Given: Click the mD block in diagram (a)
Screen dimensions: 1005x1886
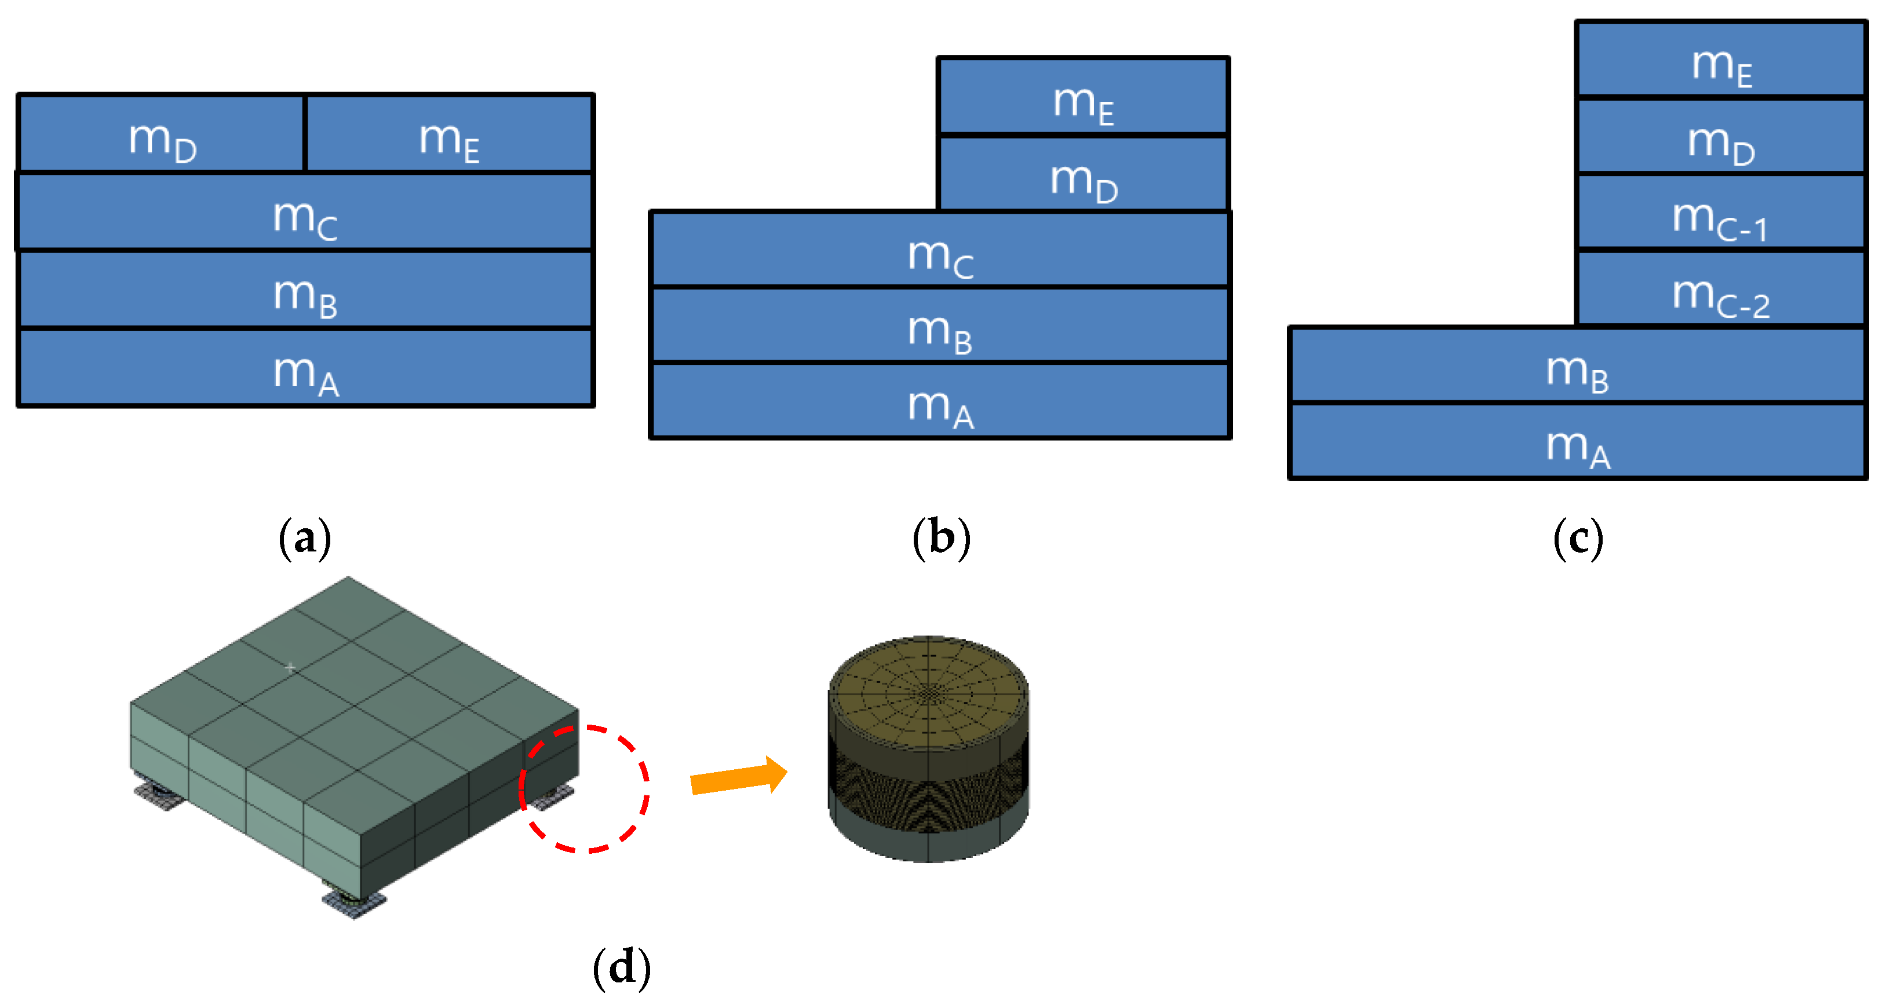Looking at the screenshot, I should pos(161,135).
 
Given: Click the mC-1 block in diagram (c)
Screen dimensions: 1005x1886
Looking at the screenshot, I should pos(1720,213).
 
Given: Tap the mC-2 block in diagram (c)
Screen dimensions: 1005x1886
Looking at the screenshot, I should pos(1720,291).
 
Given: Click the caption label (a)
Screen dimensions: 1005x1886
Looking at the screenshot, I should pos(305,538).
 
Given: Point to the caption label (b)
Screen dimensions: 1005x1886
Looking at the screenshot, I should pos(941,538).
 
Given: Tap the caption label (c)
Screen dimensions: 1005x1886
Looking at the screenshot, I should pos(1578,538).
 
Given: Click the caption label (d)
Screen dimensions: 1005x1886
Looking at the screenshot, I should pos(621,968).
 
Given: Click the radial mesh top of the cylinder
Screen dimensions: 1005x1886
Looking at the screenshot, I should pos(928,692).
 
